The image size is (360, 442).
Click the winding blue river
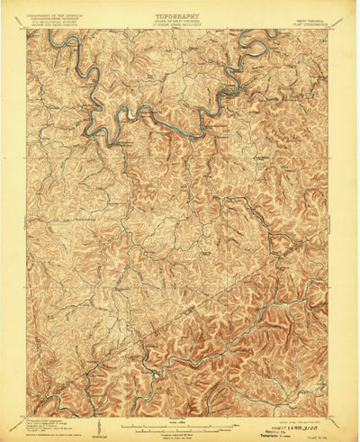[144, 113]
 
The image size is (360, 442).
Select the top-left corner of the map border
[27, 30]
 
